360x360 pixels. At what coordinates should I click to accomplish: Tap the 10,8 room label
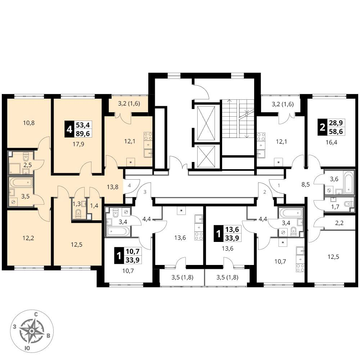point(29,123)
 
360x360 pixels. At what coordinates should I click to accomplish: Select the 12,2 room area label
point(28,238)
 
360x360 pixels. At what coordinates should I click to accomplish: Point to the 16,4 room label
point(331,142)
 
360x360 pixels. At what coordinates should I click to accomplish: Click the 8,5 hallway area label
point(306,184)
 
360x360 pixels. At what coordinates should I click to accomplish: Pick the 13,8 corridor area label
point(112,187)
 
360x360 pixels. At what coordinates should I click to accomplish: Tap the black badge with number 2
point(322,127)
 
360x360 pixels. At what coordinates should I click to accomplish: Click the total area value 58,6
point(336,131)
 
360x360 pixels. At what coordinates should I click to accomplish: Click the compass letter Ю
point(27,348)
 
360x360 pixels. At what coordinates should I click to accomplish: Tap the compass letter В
point(49,336)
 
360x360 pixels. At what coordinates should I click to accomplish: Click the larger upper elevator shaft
point(206,123)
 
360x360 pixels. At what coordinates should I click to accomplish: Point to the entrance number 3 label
point(145,192)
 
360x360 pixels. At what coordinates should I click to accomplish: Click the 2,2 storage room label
point(339,222)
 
